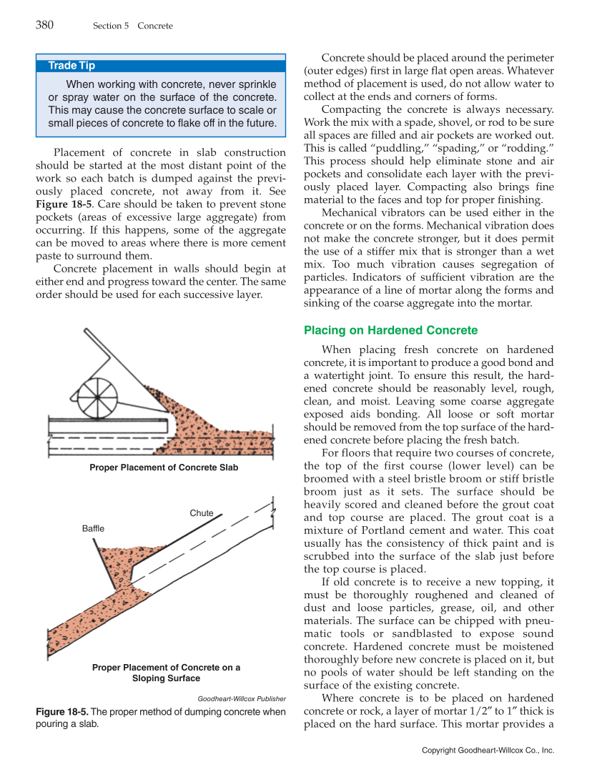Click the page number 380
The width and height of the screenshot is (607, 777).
tap(44, 25)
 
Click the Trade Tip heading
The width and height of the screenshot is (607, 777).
tap(71, 66)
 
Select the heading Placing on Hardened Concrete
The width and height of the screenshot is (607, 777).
tap(390, 330)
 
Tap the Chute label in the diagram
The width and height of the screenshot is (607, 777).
tap(202, 513)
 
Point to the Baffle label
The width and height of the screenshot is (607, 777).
tap(93, 528)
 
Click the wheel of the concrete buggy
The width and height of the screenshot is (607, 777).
tap(97, 395)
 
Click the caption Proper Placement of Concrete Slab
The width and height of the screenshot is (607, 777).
tap(164, 467)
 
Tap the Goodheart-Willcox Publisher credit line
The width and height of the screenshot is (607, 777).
tap(241, 698)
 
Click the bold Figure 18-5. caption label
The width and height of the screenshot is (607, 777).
tap(62, 712)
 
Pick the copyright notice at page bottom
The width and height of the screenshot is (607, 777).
tap(488, 751)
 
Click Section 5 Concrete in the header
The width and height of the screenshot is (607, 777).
tap(132, 26)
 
